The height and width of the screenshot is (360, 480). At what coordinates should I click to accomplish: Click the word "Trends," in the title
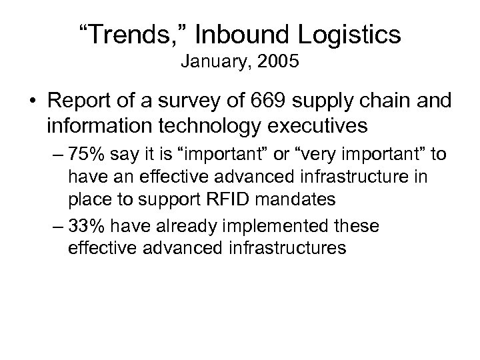click(x=130, y=34)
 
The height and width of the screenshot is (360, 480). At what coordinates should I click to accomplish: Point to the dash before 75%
click(x=59, y=155)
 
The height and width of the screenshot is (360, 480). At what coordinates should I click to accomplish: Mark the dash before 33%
click(x=59, y=227)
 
